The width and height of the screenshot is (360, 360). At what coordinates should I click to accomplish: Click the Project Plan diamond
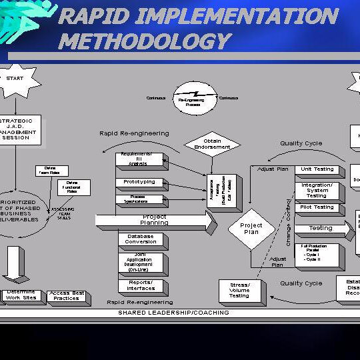(x=251, y=229)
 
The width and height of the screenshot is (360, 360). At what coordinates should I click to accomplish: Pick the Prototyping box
(x=139, y=182)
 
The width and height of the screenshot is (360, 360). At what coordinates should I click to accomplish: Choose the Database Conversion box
(x=140, y=239)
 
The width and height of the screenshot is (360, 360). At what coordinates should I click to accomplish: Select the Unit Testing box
(x=317, y=170)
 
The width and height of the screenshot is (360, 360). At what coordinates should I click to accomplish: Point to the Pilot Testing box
(x=317, y=208)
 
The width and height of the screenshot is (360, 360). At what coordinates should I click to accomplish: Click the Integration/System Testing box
(x=317, y=190)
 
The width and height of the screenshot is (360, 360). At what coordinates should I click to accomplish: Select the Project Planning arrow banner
(x=155, y=220)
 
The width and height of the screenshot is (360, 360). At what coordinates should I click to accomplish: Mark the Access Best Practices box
(x=67, y=296)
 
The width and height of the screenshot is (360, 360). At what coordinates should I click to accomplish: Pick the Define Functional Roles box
(x=73, y=187)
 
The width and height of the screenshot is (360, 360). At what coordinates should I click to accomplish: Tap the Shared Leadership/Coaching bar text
(x=173, y=312)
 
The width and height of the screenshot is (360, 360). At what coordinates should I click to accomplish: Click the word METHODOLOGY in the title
(x=144, y=41)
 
